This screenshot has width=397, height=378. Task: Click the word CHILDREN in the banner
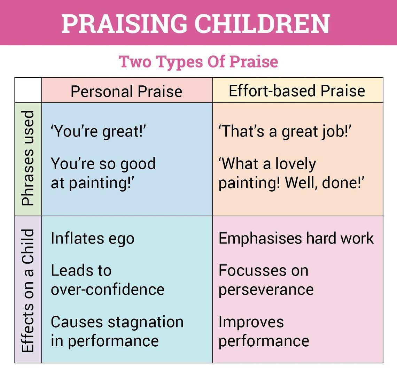coord(262,24)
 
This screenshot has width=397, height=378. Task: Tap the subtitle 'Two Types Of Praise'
coord(198,62)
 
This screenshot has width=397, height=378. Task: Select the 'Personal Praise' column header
coord(126,92)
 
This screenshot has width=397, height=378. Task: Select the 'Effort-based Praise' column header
coord(297,91)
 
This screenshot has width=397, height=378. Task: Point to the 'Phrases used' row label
coord(28,159)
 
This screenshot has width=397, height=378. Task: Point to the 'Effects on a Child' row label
coord(28,290)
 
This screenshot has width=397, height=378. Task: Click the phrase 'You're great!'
coord(98,132)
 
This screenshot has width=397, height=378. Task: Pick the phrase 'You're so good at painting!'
coord(103,173)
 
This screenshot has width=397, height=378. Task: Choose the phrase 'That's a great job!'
coord(285,132)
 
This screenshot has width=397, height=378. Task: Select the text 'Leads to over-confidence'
coord(107,280)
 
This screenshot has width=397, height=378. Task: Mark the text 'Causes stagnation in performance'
coord(117,331)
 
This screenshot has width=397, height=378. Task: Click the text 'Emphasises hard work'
coord(296,238)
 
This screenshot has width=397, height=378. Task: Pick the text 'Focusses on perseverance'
coord(266,280)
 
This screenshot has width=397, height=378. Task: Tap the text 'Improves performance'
coord(264,331)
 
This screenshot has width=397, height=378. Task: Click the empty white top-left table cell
coord(28,90)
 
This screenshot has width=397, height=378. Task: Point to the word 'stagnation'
coord(145,322)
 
